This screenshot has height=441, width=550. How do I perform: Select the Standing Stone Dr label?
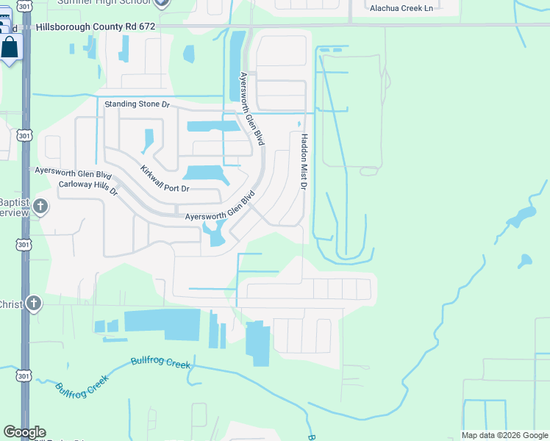click(137, 105)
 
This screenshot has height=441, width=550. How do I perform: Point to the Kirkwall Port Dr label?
click(165, 179)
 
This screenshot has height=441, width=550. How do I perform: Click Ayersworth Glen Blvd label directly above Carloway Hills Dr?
click(73, 174)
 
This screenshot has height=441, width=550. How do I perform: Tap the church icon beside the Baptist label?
click(40, 207)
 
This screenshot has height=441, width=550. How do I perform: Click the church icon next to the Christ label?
click(34, 303)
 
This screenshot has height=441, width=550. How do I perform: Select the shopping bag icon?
click(10, 48)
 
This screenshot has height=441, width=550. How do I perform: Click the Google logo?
click(24, 432)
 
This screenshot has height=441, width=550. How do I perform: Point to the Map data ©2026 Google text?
click(504, 435)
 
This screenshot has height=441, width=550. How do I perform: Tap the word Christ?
click(11, 304)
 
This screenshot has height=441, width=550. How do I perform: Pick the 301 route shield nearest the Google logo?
click(24, 376)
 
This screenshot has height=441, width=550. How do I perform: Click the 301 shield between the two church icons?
click(24, 244)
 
